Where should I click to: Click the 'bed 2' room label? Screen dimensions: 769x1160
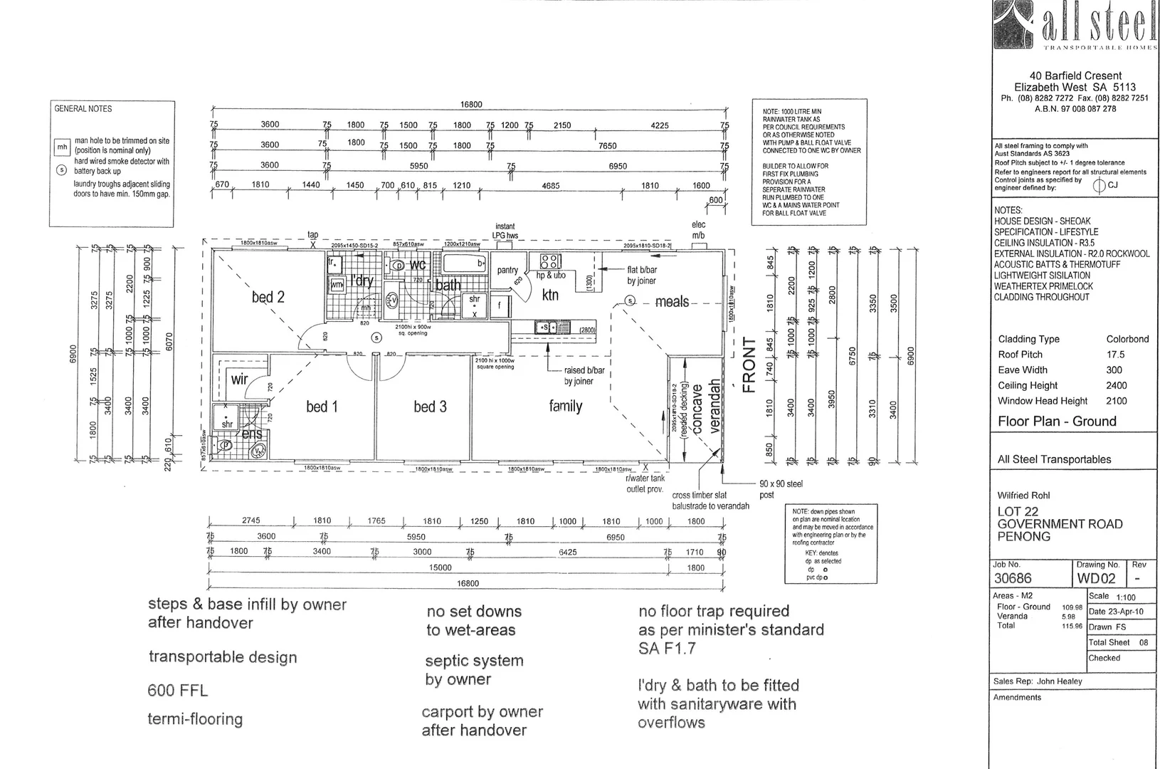(268, 297)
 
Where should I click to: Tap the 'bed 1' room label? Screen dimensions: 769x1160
(322, 407)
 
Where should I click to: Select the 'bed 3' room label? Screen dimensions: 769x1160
(430, 407)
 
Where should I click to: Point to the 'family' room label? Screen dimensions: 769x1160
(566, 406)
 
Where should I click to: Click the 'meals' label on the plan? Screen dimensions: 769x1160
(672, 302)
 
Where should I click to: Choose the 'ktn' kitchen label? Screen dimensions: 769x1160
(550, 295)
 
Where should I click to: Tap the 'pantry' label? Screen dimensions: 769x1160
(507, 271)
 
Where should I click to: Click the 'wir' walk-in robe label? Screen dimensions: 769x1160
(239, 379)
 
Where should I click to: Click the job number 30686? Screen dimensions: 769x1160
(1013, 578)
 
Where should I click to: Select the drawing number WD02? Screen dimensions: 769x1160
(1097, 579)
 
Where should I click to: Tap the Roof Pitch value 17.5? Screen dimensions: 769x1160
(1115, 355)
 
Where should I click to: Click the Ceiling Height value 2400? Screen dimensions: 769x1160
(1117, 385)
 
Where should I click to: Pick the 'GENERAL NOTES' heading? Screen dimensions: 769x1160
(83, 109)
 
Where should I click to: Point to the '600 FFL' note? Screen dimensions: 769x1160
(178, 690)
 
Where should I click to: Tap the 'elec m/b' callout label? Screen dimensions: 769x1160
(698, 230)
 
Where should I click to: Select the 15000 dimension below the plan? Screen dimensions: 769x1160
(441, 567)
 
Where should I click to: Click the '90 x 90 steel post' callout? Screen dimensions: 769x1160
(781, 488)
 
